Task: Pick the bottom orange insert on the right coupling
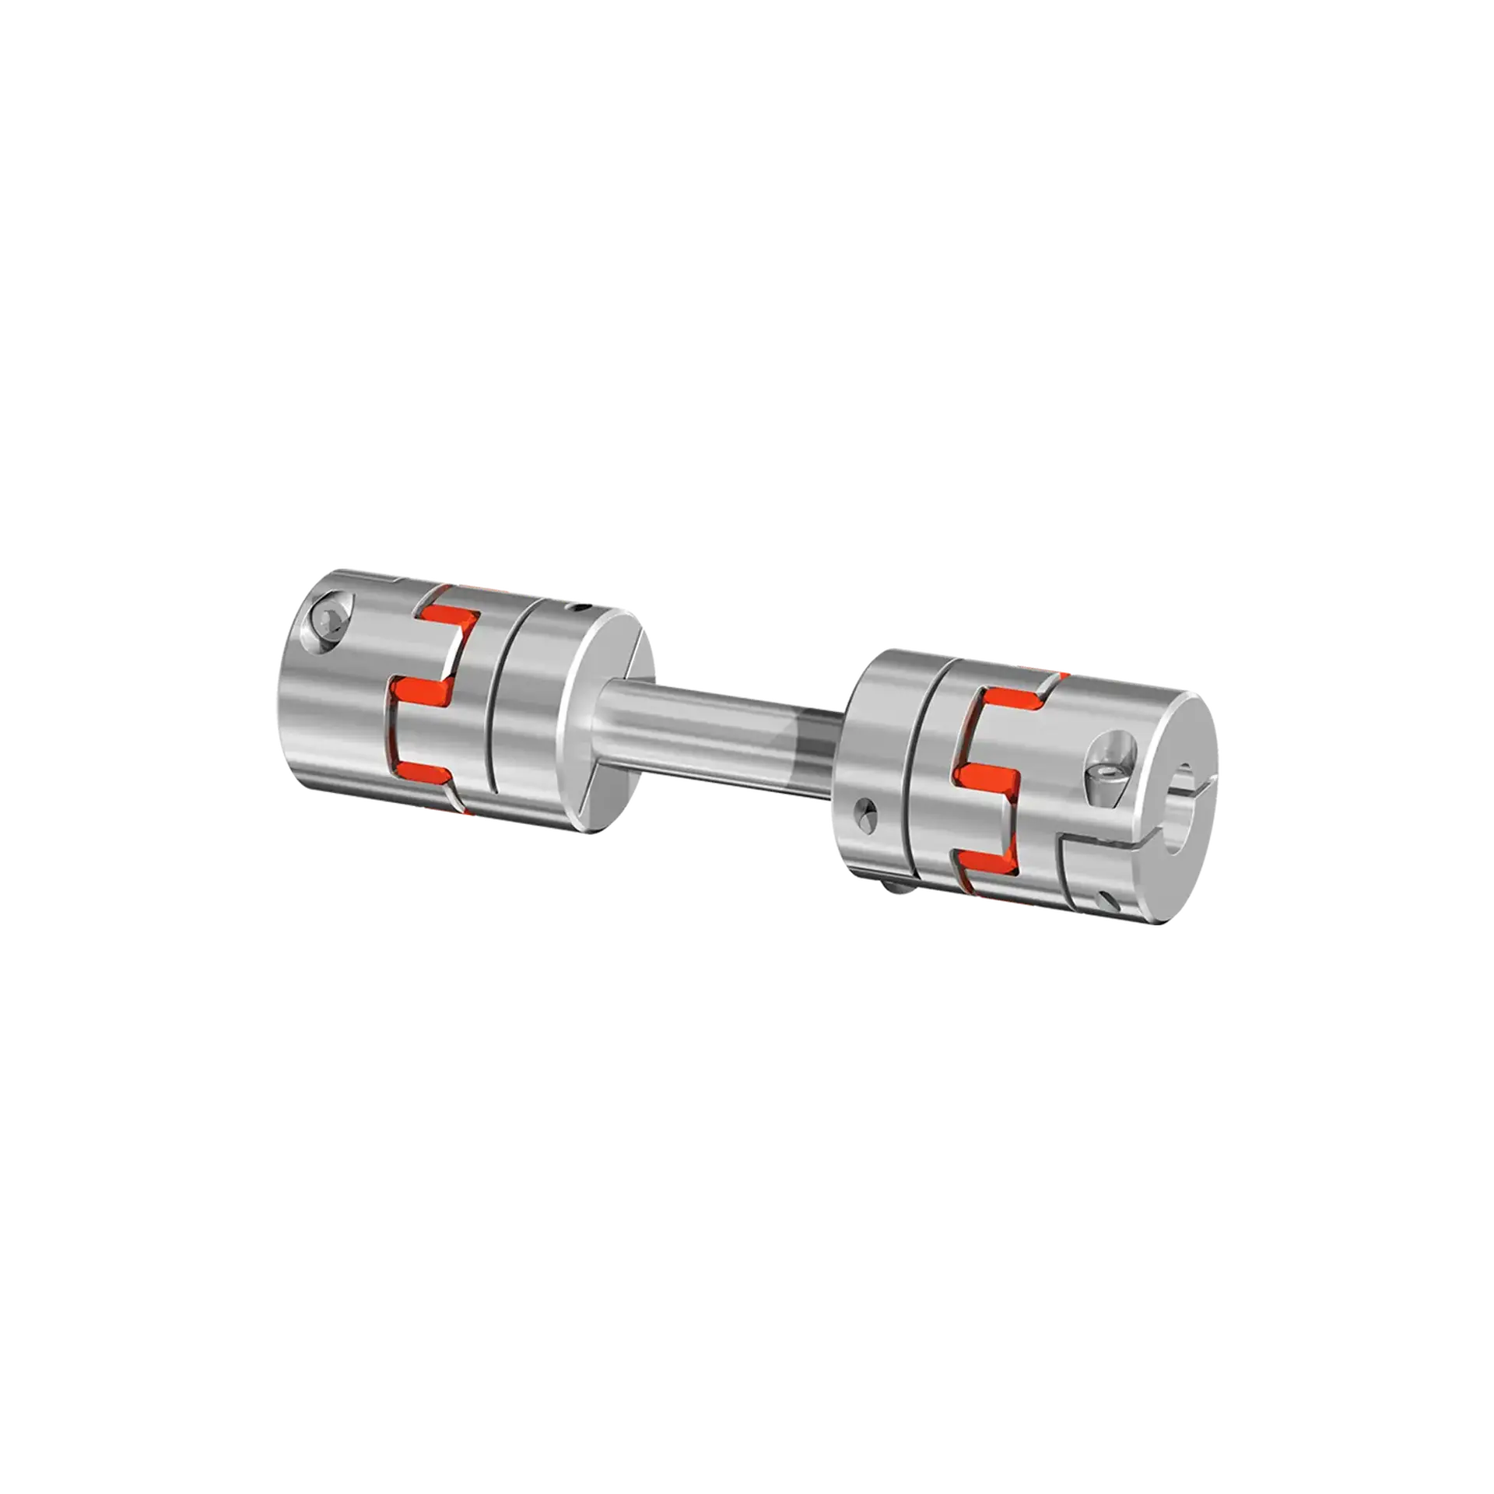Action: [982, 860]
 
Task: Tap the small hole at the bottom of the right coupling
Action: [1108, 900]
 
